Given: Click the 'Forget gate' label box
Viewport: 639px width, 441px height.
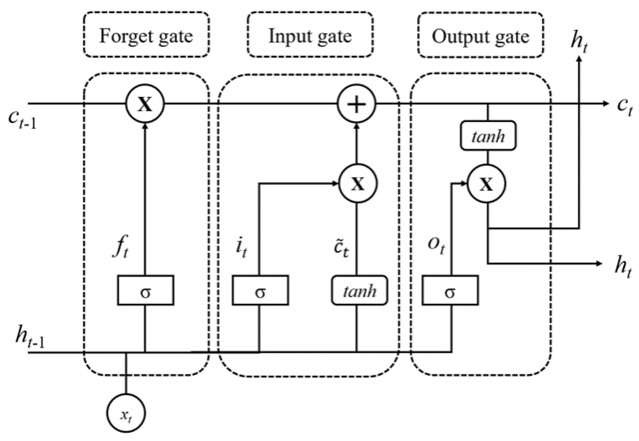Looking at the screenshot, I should pyautogui.click(x=146, y=35).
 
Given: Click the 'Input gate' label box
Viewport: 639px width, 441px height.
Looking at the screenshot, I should pyautogui.click(x=310, y=35).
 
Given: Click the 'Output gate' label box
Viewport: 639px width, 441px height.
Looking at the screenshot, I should pyautogui.click(x=480, y=35).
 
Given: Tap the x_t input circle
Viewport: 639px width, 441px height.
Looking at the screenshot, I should pyautogui.click(x=126, y=413).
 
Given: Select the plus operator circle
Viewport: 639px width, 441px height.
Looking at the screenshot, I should pyautogui.click(x=356, y=104).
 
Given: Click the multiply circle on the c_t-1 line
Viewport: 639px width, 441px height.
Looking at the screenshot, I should pyautogui.click(x=145, y=104).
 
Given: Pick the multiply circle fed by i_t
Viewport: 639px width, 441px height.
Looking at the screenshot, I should pyautogui.click(x=358, y=183).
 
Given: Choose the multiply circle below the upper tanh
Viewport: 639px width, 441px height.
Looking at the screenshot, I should pyautogui.click(x=486, y=184).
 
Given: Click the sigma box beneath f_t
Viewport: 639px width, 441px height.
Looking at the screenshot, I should pyautogui.click(x=146, y=290).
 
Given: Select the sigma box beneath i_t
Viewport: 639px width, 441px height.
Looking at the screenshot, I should pyautogui.click(x=260, y=290).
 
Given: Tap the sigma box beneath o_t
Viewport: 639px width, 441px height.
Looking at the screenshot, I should pyautogui.click(x=450, y=290).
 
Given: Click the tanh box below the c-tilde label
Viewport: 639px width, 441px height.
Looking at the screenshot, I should pyautogui.click(x=359, y=290).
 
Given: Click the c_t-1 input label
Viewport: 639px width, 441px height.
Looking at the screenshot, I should pyautogui.click(x=22, y=119).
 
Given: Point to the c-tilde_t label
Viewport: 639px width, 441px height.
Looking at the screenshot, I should pyautogui.click(x=340, y=247).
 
